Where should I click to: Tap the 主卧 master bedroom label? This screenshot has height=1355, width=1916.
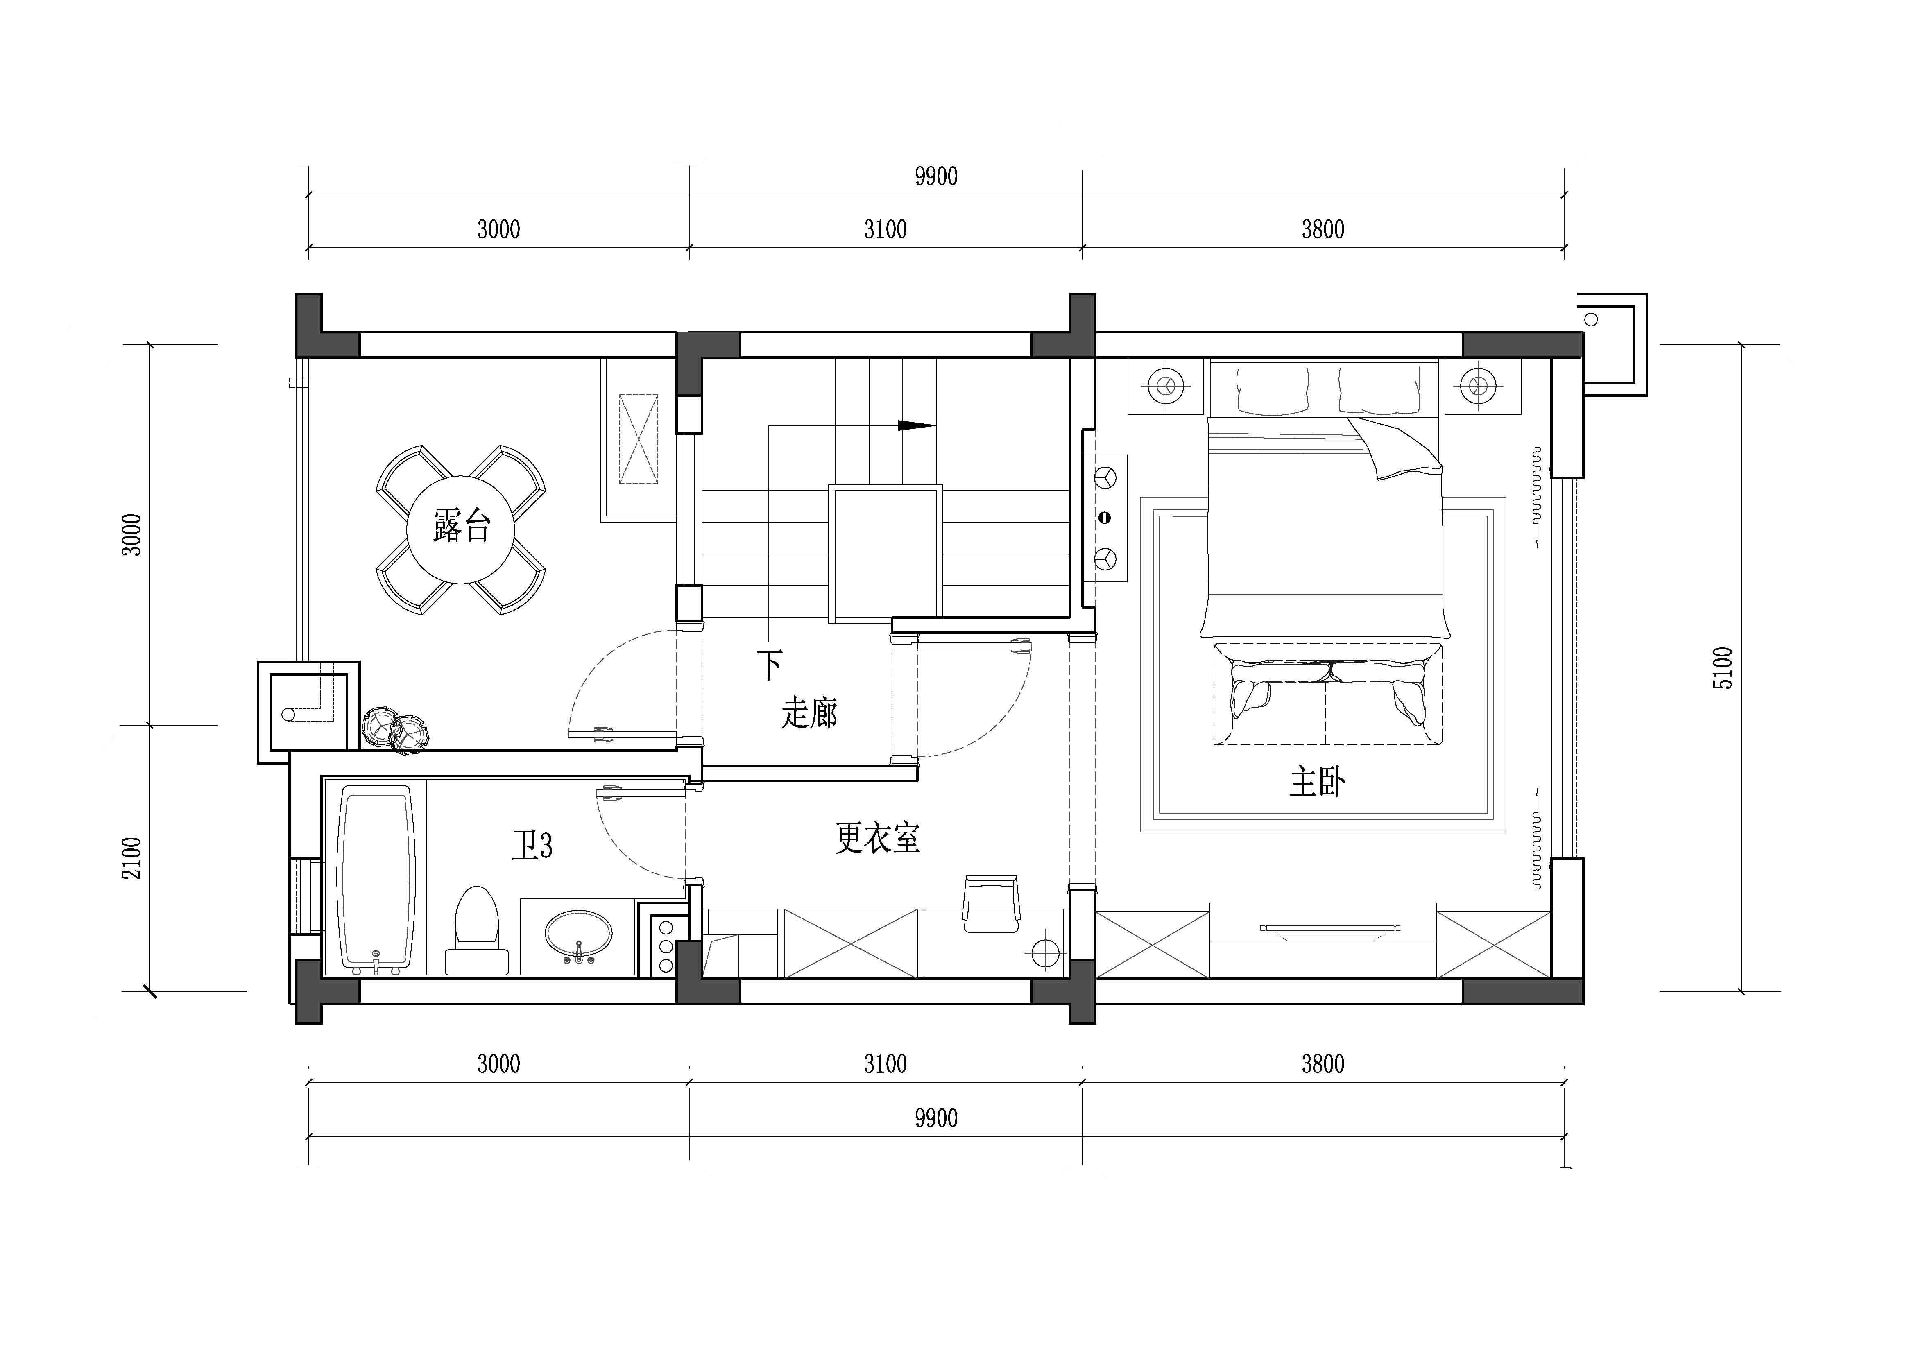pyautogui.click(x=1317, y=783)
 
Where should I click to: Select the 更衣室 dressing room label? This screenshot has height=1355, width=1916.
pyautogui.click(x=878, y=838)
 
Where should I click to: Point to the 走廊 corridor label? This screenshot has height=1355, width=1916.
pyautogui.click(x=809, y=713)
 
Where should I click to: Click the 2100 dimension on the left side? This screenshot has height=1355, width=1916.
pyautogui.click(x=132, y=858)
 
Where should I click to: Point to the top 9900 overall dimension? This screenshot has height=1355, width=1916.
pyautogui.click(x=935, y=176)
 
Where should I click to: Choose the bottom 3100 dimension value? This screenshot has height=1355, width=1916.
pyautogui.click(x=885, y=1064)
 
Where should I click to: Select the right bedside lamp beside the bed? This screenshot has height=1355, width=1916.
pyautogui.click(x=1478, y=385)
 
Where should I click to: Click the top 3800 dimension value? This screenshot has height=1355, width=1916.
pyautogui.click(x=1323, y=229)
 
